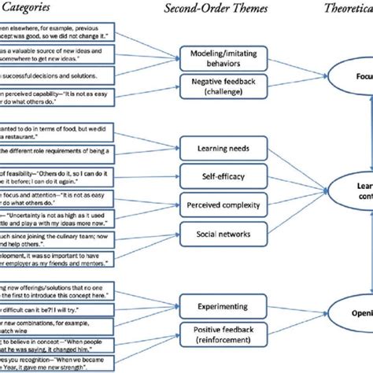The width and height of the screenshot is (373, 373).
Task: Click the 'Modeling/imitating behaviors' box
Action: (x=216, y=55)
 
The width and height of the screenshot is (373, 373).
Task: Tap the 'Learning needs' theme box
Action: (x=216, y=146)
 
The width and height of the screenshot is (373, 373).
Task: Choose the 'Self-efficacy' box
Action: (x=216, y=174)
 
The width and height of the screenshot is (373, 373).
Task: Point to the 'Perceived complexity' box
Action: (x=216, y=201)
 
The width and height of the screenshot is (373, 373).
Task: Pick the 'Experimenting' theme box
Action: (x=216, y=305)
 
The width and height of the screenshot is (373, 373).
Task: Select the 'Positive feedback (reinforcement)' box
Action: (x=216, y=334)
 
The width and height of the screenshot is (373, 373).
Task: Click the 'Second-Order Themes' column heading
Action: (x=216, y=9)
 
